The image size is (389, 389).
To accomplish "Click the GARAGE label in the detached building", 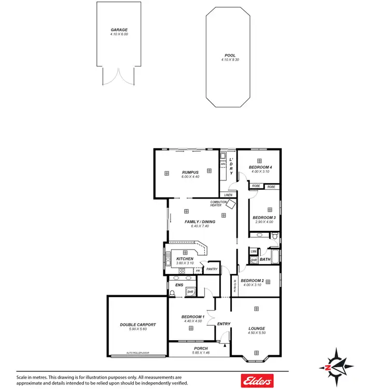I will point(119,30).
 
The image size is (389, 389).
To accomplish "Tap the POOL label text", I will point(230,55).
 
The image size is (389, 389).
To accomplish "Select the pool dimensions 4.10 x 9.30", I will point(230,60).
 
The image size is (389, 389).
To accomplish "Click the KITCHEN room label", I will point(185,259).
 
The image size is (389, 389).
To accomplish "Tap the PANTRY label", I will point(212,269).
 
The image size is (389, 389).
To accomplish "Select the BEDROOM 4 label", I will point(260,167).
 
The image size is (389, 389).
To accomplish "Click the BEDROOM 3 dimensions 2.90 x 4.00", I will point(263,222).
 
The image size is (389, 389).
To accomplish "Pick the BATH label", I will point(265,259).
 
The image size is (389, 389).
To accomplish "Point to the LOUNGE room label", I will point(256,328).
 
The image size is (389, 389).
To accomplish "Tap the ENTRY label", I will point(224,324).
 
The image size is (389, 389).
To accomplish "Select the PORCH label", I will point(200,349).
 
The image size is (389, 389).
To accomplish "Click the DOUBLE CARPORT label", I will point(138,325).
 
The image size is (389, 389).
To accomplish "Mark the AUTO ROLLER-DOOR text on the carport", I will point(137,354).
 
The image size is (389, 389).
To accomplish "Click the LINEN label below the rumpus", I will point(228,195).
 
